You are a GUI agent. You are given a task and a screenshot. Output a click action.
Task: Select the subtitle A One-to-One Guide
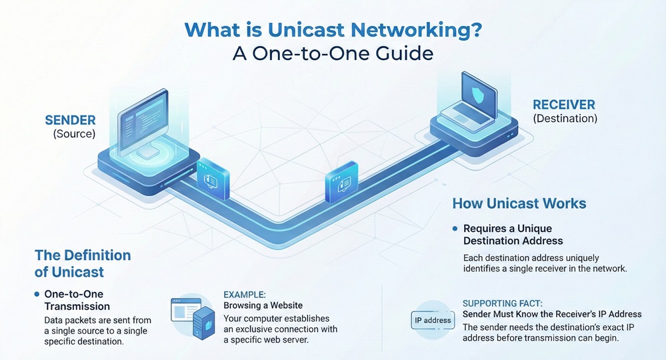tap(333, 53)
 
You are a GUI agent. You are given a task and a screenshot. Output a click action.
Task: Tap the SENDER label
tap(70, 121)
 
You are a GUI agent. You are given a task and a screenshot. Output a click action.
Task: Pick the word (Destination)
tap(565, 119)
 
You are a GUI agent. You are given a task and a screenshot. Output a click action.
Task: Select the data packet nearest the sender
tap(213, 178)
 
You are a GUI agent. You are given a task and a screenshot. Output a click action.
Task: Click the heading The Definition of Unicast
tap(83, 263)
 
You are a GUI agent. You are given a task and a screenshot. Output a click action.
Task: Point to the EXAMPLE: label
tap(245, 294)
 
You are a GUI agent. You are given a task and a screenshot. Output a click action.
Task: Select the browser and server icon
tap(193, 318)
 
